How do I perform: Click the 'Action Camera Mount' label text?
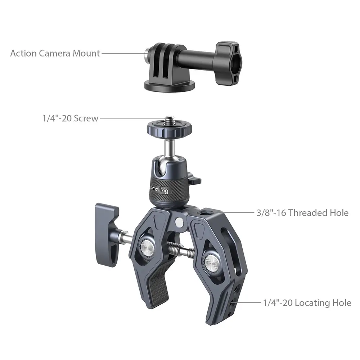55,54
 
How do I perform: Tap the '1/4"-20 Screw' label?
71,118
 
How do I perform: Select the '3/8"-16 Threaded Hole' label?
303,213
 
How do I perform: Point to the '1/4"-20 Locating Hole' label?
307,303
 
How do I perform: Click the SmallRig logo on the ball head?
159,189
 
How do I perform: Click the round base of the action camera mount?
169,85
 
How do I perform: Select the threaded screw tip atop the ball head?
170,120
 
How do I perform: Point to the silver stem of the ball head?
169,149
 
